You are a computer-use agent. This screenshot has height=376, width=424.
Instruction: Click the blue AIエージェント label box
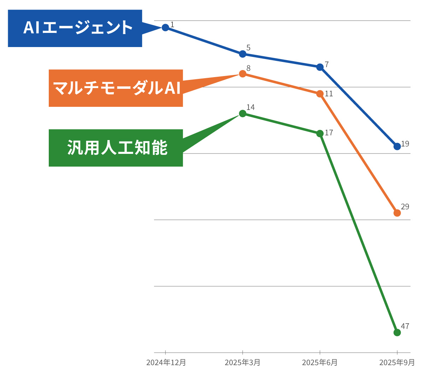(75, 28)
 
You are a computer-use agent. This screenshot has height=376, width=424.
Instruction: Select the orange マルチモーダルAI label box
(116, 88)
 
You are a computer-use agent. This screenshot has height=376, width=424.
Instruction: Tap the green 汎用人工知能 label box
(116, 148)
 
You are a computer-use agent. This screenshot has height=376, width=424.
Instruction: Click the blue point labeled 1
(165, 28)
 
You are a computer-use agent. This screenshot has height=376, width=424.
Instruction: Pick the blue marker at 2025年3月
(243, 54)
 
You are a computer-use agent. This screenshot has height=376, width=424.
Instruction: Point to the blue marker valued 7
(320, 67)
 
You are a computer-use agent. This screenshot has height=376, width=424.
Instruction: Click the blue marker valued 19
(397, 146)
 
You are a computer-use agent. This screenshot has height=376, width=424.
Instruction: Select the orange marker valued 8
(243, 74)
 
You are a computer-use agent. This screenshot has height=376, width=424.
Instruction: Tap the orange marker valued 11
(320, 94)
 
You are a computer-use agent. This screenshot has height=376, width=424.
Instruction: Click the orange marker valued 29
(397, 213)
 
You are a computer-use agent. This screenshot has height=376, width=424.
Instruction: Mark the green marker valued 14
(243, 114)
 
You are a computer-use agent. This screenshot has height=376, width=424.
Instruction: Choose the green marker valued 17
(320, 133)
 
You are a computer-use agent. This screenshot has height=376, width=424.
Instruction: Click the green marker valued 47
(397, 332)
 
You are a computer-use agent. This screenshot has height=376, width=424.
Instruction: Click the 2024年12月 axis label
(166, 363)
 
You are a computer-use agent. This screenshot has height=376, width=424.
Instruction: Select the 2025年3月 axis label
(243, 363)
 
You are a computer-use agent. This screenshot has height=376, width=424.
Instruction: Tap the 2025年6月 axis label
(320, 363)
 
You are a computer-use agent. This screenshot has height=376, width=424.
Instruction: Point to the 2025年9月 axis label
(397, 363)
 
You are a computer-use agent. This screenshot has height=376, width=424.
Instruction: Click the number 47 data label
(405, 326)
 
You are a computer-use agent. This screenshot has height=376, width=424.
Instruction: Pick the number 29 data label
(405, 207)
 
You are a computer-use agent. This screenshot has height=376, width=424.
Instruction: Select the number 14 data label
(251, 107)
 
